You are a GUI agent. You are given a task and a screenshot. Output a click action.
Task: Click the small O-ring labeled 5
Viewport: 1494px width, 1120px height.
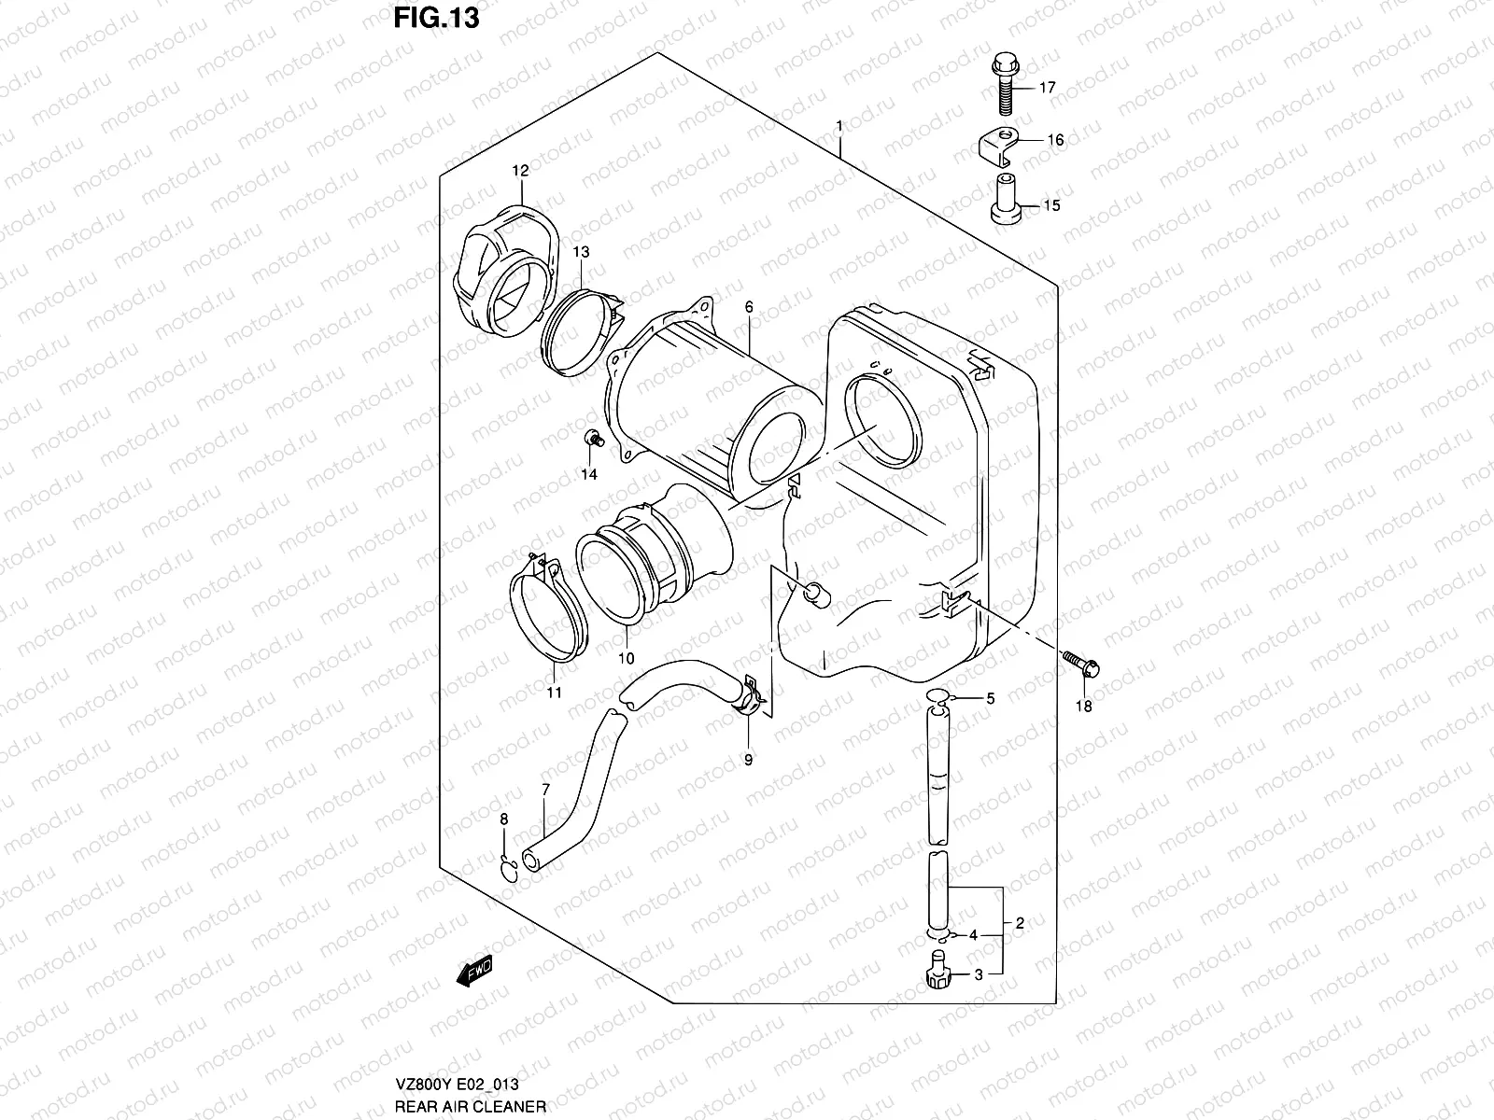938,697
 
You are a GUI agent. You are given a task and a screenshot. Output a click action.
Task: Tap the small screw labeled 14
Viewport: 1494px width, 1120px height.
591,439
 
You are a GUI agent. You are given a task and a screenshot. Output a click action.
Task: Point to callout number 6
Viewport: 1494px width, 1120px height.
749,307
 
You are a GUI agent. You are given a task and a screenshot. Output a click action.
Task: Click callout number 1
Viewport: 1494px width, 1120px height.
840,126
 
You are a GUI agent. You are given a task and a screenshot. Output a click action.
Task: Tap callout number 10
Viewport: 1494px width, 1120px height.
626,659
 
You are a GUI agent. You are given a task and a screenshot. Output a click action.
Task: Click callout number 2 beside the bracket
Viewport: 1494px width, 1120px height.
1020,923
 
